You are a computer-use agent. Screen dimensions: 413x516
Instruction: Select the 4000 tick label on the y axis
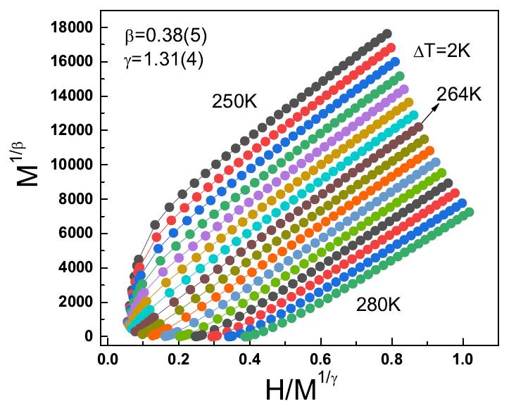click(78, 268)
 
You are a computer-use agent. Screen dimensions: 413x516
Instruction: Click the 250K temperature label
click(236, 102)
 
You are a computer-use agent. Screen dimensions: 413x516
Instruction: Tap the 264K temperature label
click(458, 93)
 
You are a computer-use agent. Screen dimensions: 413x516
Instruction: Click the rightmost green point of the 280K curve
click(470, 211)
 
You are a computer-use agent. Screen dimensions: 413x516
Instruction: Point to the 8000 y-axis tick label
click(78, 199)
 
